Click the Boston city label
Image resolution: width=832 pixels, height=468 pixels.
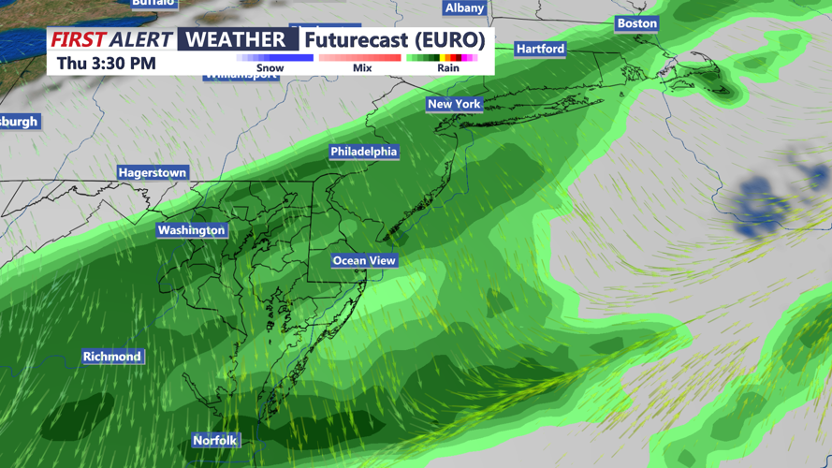[x=637, y=23]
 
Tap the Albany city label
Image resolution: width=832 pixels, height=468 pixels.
[x=464, y=8]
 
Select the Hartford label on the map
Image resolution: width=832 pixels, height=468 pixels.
[x=541, y=49]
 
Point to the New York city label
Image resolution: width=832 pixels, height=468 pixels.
[x=454, y=104]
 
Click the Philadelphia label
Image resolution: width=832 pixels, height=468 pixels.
[x=364, y=152]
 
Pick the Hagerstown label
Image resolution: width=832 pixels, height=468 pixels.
[x=153, y=173]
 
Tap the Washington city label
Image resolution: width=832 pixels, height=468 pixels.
[x=192, y=230]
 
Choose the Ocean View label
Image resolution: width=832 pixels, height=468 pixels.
[x=364, y=261]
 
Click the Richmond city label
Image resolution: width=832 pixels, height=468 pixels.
[x=112, y=357]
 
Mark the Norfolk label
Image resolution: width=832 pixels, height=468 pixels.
[x=215, y=441]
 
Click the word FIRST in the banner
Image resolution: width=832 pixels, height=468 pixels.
[x=78, y=39]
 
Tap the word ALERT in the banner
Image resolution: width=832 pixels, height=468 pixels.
[x=140, y=39]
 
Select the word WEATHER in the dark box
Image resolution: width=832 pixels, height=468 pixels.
[x=237, y=39]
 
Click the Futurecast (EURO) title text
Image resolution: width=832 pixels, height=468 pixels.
[x=395, y=39]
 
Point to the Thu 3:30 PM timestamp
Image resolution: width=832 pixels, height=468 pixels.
[x=106, y=64]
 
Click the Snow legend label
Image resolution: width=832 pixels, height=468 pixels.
[x=270, y=68]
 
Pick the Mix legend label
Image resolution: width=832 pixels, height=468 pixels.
[x=362, y=68]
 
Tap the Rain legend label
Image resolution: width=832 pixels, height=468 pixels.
[x=448, y=68]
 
